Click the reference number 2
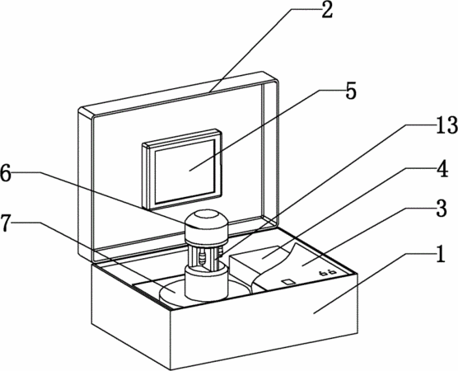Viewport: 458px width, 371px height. (x=327, y=11)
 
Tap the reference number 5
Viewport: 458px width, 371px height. (x=351, y=91)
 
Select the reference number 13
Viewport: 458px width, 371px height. (x=446, y=125)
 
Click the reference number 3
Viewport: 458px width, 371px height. (x=442, y=209)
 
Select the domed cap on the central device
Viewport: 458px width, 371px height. (x=207, y=226)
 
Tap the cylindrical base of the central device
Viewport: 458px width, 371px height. (x=207, y=283)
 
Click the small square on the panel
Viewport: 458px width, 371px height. (x=288, y=282)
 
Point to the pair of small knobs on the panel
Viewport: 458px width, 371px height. (x=327, y=273)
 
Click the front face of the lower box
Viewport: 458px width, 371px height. (x=264, y=322)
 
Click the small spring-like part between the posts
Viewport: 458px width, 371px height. (x=202, y=259)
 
